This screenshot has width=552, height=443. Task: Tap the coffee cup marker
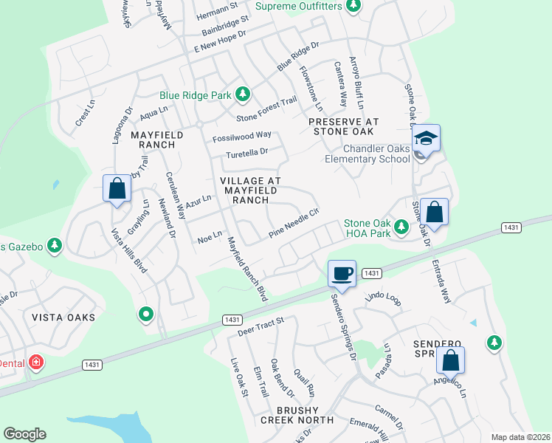tap(342, 273)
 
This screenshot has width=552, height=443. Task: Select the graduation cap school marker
tap(426, 138)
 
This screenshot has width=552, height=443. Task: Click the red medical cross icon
tap(36, 363)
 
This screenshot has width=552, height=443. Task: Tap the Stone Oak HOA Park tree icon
tap(401, 226)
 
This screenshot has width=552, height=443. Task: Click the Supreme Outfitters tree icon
tap(353, 7)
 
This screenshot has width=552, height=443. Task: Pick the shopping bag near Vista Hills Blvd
tap(117, 188)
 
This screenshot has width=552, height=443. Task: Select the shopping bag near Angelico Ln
tap(450, 361)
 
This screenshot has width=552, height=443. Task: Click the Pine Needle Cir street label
tap(293, 222)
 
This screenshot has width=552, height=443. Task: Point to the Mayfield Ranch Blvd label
tap(246, 267)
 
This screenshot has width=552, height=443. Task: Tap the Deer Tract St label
tap(260, 326)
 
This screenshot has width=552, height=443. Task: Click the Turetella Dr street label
tap(247, 152)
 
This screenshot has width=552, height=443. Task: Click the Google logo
tap(24, 434)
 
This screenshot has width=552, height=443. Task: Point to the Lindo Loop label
tap(382, 298)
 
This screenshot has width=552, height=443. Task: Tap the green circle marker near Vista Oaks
tap(146, 315)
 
